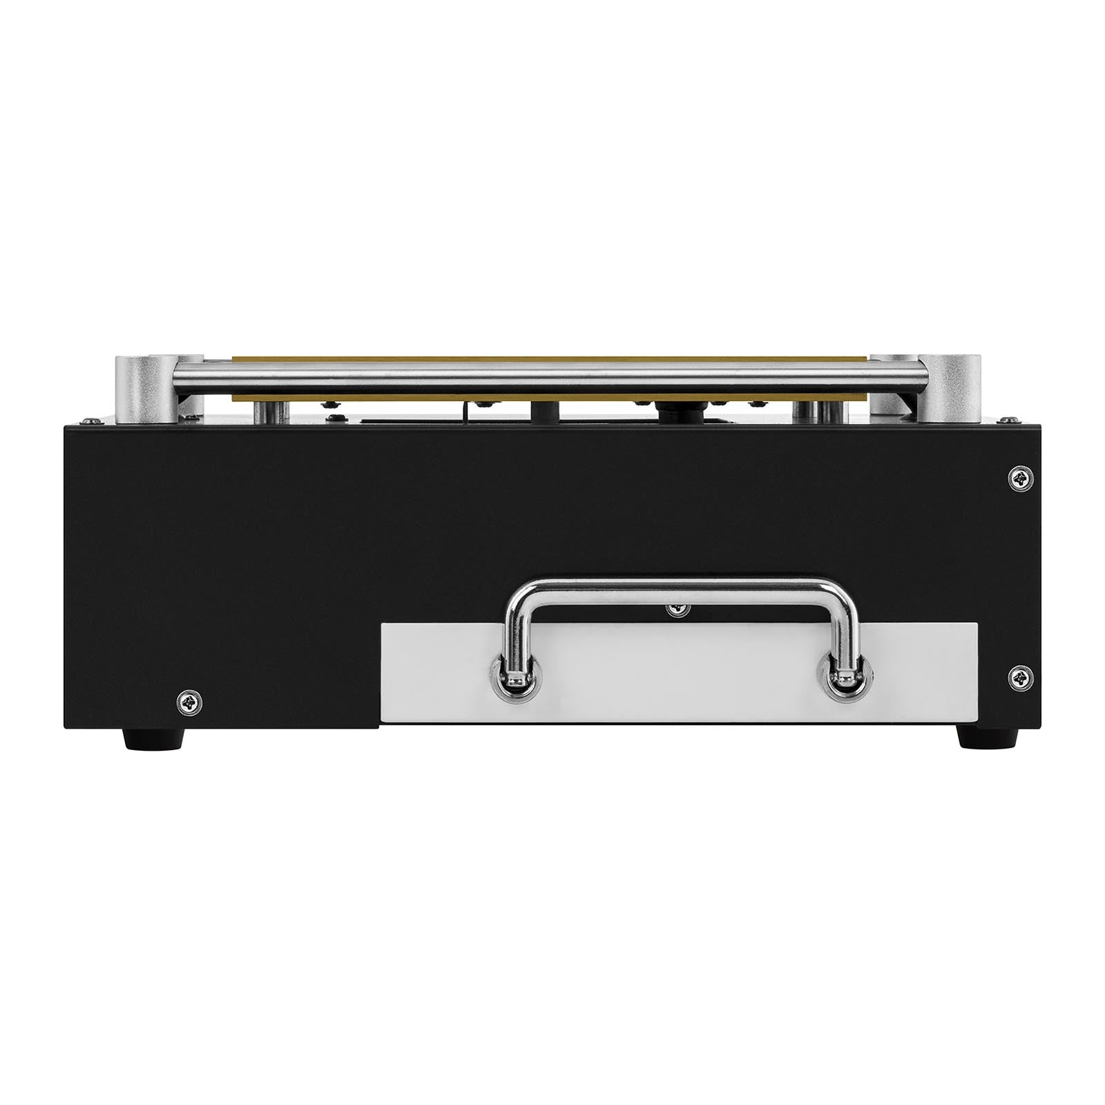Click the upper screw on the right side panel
pos(1020,477)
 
